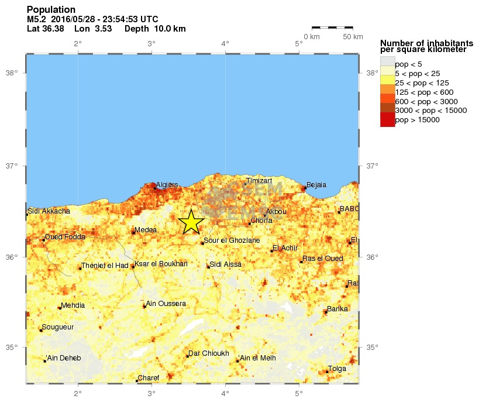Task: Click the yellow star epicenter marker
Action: click(x=191, y=222)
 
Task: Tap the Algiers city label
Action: click(x=167, y=185)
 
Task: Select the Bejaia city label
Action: click(x=316, y=185)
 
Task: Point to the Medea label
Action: click(x=145, y=230)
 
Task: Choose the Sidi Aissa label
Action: click(x=225, y=264)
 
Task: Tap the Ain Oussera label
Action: click(x=166, y=304)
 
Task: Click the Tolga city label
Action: click(x=337, y=369)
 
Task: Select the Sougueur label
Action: click(x=58, y=327)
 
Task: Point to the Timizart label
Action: click(x=259, y=181)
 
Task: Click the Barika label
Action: click(x=337, y=309)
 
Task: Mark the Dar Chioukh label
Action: click(x=208, y=353)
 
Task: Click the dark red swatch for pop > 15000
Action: click(x=387, y=120)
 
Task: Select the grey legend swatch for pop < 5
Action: click(x=387, y=64)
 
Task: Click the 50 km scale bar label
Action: click(x=352, y=37)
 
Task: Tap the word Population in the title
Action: click(x=51, y=10)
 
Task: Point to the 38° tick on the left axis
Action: click(x=12, y=73)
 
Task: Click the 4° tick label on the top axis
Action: click(x=225, y=43)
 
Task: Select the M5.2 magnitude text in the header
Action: click(x=37, y=19)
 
